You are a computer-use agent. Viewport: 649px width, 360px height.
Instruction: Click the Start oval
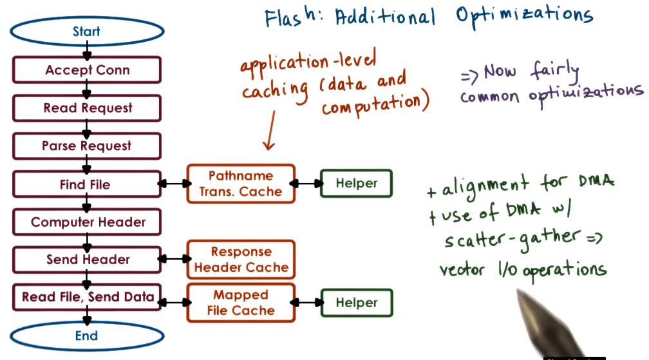point(86,32)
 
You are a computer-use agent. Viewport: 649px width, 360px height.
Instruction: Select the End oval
point(86,336)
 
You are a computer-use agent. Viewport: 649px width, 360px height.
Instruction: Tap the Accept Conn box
point(87,70)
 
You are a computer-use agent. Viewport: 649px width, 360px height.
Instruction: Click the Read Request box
point(87,108)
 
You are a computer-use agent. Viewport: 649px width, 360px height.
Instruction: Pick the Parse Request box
point(87,146)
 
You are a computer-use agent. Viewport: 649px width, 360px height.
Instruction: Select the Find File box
point(87,185)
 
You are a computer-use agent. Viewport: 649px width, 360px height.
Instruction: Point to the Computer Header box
point(87,223)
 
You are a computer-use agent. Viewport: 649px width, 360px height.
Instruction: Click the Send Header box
point(87,260)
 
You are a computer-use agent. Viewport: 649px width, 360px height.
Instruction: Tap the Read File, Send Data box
point(87,297)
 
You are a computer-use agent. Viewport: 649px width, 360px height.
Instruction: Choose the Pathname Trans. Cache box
point(241,184)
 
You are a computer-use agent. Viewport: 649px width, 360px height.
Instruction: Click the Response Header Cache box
point(241,260)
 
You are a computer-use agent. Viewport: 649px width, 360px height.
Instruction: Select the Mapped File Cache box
point(241,303)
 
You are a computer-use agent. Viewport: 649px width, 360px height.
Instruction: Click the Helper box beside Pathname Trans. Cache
point(356,184)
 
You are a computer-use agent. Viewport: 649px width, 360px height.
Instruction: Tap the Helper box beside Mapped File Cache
point(356,303)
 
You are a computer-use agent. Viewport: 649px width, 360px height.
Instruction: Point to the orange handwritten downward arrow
point(268,129)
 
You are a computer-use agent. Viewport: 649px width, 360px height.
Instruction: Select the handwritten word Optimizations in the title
point(525,16)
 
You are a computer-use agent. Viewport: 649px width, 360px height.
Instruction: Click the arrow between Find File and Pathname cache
point(174,184)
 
